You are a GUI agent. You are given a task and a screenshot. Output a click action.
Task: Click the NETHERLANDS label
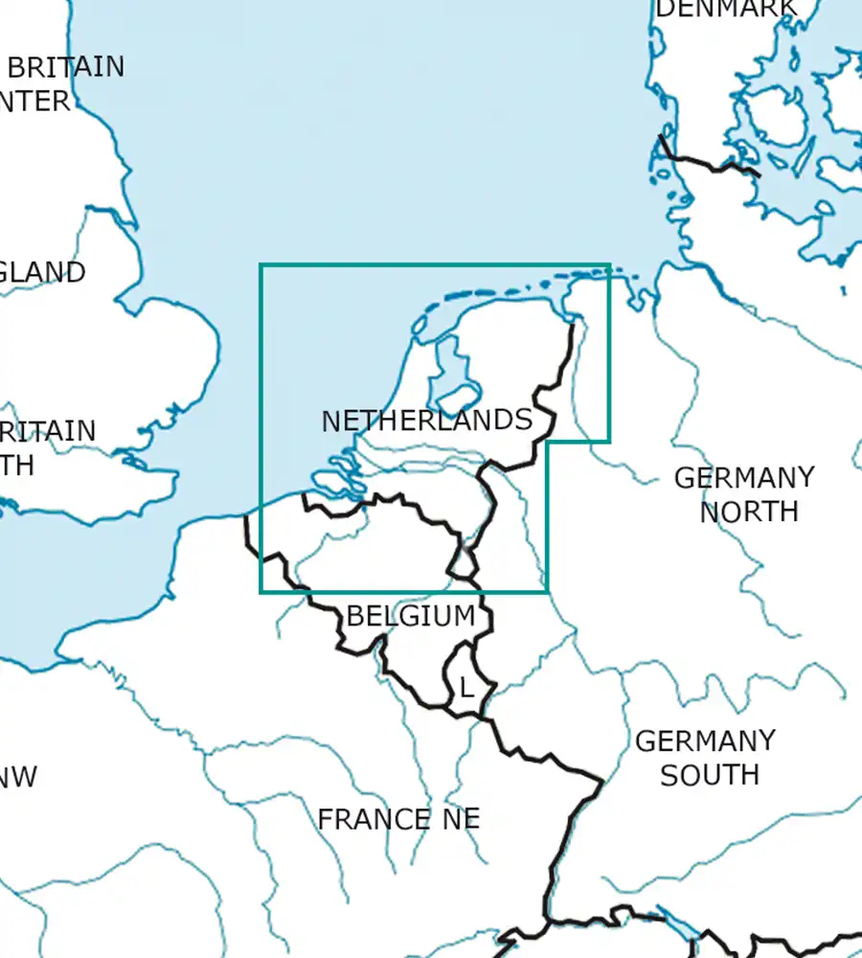point(426,421)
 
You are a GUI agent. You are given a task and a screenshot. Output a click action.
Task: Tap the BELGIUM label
point(410,616)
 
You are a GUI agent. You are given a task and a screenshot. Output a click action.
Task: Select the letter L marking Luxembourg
point(465,688)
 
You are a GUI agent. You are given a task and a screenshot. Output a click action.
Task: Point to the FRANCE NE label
point(398,820)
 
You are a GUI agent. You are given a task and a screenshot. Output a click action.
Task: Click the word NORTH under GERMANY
point(748,512)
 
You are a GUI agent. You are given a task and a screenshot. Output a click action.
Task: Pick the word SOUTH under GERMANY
point(710,774)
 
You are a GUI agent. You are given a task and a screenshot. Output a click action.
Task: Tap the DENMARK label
point(725,9)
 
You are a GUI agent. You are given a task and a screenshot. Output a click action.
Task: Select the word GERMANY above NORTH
point(744,477)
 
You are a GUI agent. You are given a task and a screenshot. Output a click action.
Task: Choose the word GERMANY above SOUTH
point(705,741)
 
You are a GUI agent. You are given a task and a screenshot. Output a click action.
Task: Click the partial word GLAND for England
point(42,272)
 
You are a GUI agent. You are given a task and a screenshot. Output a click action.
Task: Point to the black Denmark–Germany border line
point(709,165)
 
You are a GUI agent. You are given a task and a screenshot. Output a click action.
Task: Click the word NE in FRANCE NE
point(454,820)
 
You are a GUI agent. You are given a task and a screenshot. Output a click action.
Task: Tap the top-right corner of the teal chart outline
point(609,265)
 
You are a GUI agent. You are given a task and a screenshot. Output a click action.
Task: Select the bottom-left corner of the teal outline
point(261,592)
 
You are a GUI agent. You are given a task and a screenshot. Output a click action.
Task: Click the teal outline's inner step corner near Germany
point(547,442)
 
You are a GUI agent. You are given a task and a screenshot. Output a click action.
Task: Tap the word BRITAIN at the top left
point(66,67)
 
